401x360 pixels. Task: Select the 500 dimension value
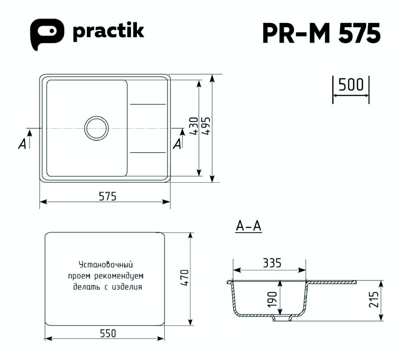(x=350, y=85)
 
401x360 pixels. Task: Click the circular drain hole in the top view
(x=96, y=128)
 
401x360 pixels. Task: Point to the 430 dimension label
(x=194, y=126)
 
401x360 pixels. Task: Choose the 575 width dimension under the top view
(x=107, y=196)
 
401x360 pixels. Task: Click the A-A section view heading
(x=249, y=226)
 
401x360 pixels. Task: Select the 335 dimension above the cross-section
(x=272, y=263)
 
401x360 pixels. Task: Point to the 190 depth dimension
(x=273, y=299)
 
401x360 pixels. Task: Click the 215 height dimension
(x=373, y=299)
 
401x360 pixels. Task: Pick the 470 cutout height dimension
(x=184, y=278)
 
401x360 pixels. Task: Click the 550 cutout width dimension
(x=108, y=333)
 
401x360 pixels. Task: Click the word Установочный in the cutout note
(x=106, y=264)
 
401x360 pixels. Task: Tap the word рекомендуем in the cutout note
(x=119, y=276)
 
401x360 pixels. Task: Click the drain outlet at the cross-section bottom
(x=282, y=318)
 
